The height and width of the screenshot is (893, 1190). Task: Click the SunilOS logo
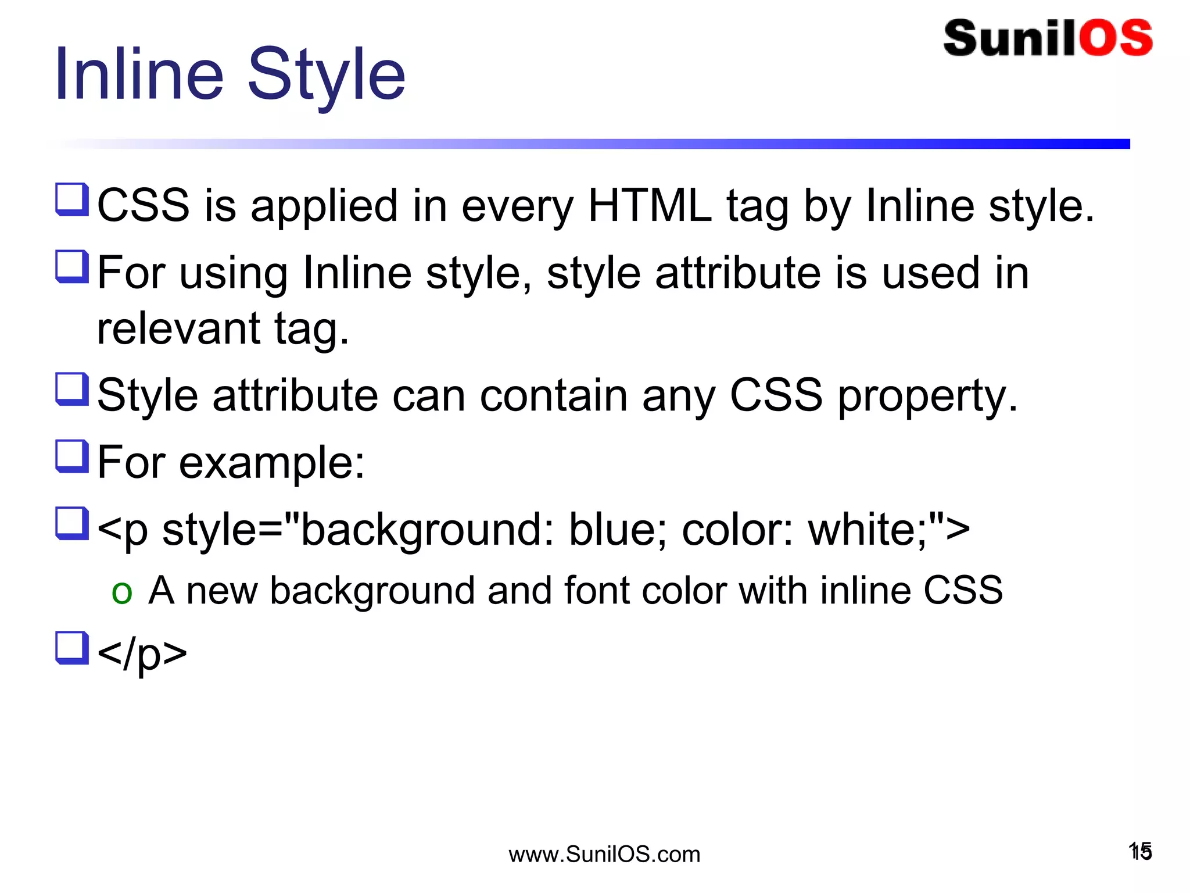(x=1048, y=38)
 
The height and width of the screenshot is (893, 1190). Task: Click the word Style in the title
(x=326, y=76)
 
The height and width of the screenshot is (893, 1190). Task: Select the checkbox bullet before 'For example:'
(x=72, y=456)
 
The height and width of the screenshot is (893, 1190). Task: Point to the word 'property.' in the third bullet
(x=927, y=396)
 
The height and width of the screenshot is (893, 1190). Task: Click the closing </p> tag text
(x=142, y=653)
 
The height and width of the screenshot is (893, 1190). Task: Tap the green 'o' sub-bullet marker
(x=121, y=592)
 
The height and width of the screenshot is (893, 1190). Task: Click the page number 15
(x=1140, y=852)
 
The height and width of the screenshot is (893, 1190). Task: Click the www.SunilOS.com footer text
(x=604, y=854)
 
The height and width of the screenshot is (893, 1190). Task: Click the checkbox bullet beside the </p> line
(x=72, y=648)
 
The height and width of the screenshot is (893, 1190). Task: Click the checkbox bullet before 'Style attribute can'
(x=72, y=390)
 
